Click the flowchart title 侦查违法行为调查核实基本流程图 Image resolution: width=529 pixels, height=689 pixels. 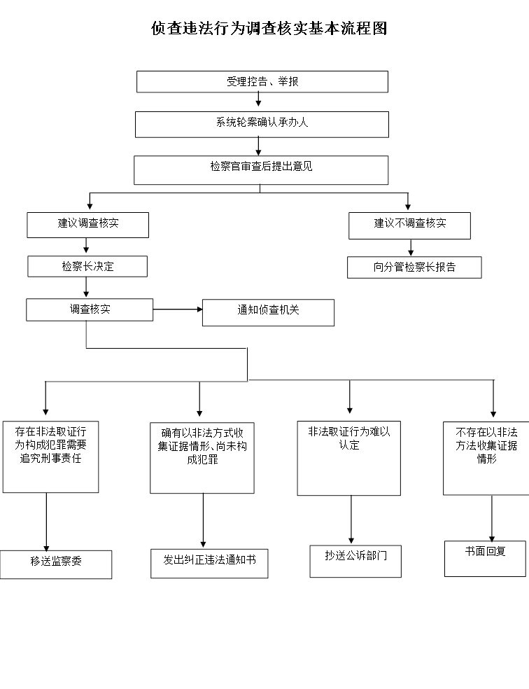(269, 29)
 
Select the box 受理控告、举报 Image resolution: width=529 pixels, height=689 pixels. (262, 82)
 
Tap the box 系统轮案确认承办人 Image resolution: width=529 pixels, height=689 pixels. (262, 124)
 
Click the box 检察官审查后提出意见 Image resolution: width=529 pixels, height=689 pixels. (261, 169)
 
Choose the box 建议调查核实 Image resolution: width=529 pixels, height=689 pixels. (88, 225)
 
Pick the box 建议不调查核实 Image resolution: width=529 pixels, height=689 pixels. (409, 225)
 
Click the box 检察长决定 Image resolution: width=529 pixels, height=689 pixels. (87, 267)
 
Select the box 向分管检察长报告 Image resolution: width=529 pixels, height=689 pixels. (414, 267)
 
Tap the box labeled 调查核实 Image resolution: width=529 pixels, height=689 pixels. (90, 309)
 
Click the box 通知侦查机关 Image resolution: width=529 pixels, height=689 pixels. (268, 312)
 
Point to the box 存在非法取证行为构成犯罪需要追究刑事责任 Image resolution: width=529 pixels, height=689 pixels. (50, 456)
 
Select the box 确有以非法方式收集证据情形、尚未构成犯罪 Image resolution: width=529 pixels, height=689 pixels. (202, 457)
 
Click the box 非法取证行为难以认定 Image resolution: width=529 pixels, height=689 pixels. (348, 459)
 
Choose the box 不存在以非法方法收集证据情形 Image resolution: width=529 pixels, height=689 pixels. (486, 457)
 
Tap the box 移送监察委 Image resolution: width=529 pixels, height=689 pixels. (56, 564)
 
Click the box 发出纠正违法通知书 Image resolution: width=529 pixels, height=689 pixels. (209, 563)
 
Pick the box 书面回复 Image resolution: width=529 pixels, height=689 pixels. (485, 558)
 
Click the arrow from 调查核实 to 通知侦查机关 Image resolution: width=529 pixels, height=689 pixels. (178, 309)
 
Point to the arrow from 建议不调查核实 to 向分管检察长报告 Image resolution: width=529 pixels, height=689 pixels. (411, 248)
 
